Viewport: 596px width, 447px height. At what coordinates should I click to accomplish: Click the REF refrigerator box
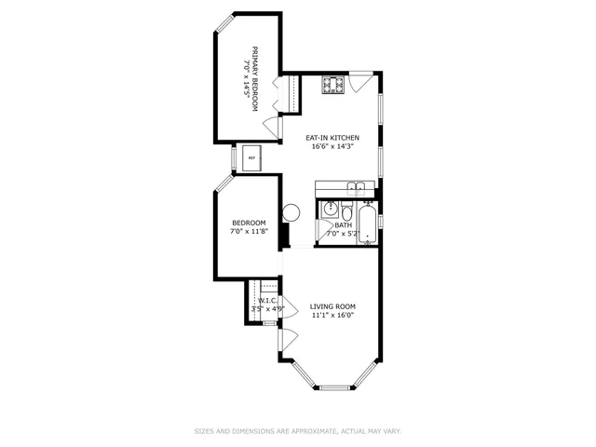pyautogui.click(x=251, y=158)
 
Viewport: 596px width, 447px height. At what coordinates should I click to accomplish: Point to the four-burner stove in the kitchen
pyautogui.click(x=332, y=86)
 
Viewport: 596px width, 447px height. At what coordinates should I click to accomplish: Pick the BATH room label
pyautogui.click(x=344, y=224)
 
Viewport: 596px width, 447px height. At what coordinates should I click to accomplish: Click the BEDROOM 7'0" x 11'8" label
pyautogui.click(x=249, y=226)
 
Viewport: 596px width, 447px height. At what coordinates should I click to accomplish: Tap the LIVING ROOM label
pyautogui.click(x=332, y=306)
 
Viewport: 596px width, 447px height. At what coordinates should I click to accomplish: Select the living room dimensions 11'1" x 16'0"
pyautogui.click(x=332, y=315)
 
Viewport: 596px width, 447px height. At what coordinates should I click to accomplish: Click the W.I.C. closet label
pyautogui.click(x=267, y=301)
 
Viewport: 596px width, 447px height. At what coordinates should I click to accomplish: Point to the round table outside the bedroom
pyautogui.click(x=291, y=212)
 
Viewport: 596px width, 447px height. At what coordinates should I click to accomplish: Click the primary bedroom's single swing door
pyautogui.click(x=271, y=127)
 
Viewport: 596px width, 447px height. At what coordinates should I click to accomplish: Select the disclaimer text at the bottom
pyautogui.click(x=297, y=431)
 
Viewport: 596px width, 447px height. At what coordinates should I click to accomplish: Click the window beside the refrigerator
pyautogui.click(x=233, y=158)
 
